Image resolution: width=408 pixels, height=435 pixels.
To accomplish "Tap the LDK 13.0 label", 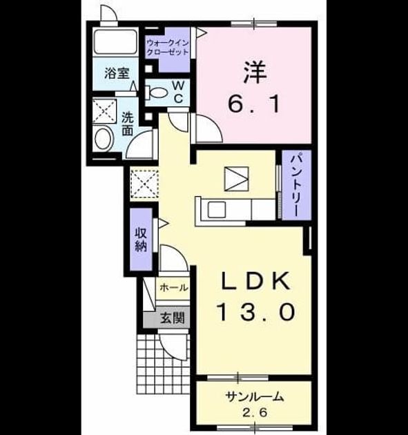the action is click(256, 296).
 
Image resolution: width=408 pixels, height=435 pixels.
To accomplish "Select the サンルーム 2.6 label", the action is click(255, 404).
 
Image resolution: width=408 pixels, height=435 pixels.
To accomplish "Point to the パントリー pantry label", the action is click(296, 185).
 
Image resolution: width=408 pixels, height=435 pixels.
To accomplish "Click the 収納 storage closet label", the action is click(141, 240).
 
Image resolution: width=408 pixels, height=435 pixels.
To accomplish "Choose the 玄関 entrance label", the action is click(172, 318).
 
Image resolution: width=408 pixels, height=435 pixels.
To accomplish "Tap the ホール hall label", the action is click(174, 288).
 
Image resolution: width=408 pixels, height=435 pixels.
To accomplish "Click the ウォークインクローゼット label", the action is click(168, 48).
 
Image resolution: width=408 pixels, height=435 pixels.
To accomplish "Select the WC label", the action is click(178, 92).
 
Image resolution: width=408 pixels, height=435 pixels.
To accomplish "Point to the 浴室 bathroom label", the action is click(117, 73).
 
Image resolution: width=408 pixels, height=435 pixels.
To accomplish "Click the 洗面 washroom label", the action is click(128, 124).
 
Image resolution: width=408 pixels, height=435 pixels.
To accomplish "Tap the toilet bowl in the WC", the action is click(156, 93).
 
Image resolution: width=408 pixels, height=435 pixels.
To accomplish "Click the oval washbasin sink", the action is click(104, 139).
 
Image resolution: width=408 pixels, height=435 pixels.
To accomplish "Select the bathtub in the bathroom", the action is click(116, 42).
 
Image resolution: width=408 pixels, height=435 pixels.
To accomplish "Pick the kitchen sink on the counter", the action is click(217, 210).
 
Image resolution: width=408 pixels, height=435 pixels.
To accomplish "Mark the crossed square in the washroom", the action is click(104, 110).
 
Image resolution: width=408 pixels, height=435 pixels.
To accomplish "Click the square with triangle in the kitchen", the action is click(236, 179).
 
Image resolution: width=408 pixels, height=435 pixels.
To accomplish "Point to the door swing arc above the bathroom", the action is click(108, 13).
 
